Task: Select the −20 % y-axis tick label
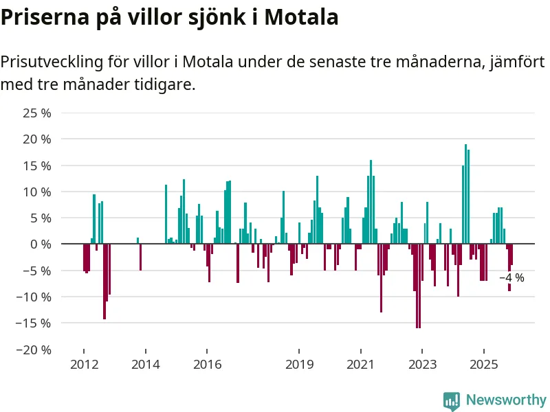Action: pyautogui.click(x=34, y=350)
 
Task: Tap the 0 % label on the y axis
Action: pyautogui.click(x=41, y=244)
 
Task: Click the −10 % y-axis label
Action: pyautogui.click(x=34, y=297)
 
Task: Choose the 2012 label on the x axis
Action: pyautogui.click(x=83, y=364)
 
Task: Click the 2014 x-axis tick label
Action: pyautogui.click(x=145, y=364)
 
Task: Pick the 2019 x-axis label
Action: pyautogui.click(x=299, y=364)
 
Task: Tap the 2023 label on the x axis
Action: pyautogui.click(x=421, y=364)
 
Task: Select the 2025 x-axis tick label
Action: pyautogui.click(x=483, y=364)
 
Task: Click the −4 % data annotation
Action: pyautogui.click(x=511, y=278)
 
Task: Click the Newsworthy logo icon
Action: pyautogui.click(x=452, y=400)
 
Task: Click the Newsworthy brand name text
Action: pyautogui.click(x=506, y=400)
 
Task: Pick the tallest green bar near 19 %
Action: pyautogui.click(x=465, y=194)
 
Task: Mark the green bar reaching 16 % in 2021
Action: pyautogui.click(x=371, y=202)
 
